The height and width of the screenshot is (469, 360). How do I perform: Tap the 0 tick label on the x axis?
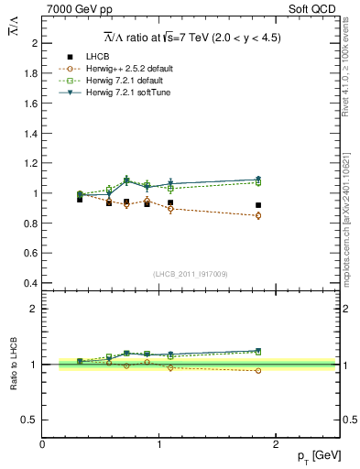[x=42, y=443]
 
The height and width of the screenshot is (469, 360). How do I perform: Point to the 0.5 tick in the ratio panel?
[x=30, y=420]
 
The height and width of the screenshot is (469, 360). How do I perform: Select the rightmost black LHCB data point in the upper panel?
[x=258, y=205]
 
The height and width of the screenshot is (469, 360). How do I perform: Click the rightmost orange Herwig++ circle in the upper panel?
[x=258, y=215]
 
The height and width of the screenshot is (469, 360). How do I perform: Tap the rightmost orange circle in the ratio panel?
[x=258, y=371]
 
